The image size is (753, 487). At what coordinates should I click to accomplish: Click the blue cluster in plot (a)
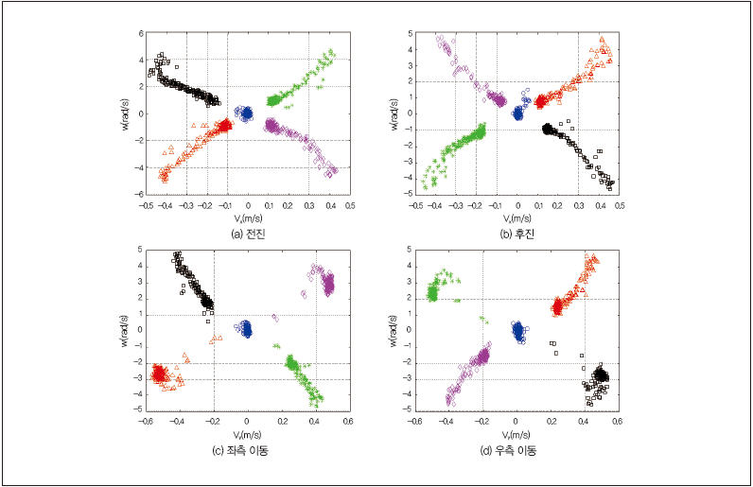click(246, 113)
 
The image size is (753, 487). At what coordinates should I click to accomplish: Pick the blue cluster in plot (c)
click(246, 329)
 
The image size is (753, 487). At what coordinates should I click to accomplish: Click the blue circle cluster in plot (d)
click(517, 331)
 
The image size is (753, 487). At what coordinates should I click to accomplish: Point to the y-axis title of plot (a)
click(125, 113)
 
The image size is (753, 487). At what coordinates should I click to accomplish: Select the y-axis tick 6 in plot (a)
click(140, 33)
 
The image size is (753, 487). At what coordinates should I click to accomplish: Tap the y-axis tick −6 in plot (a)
click(138, 193)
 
